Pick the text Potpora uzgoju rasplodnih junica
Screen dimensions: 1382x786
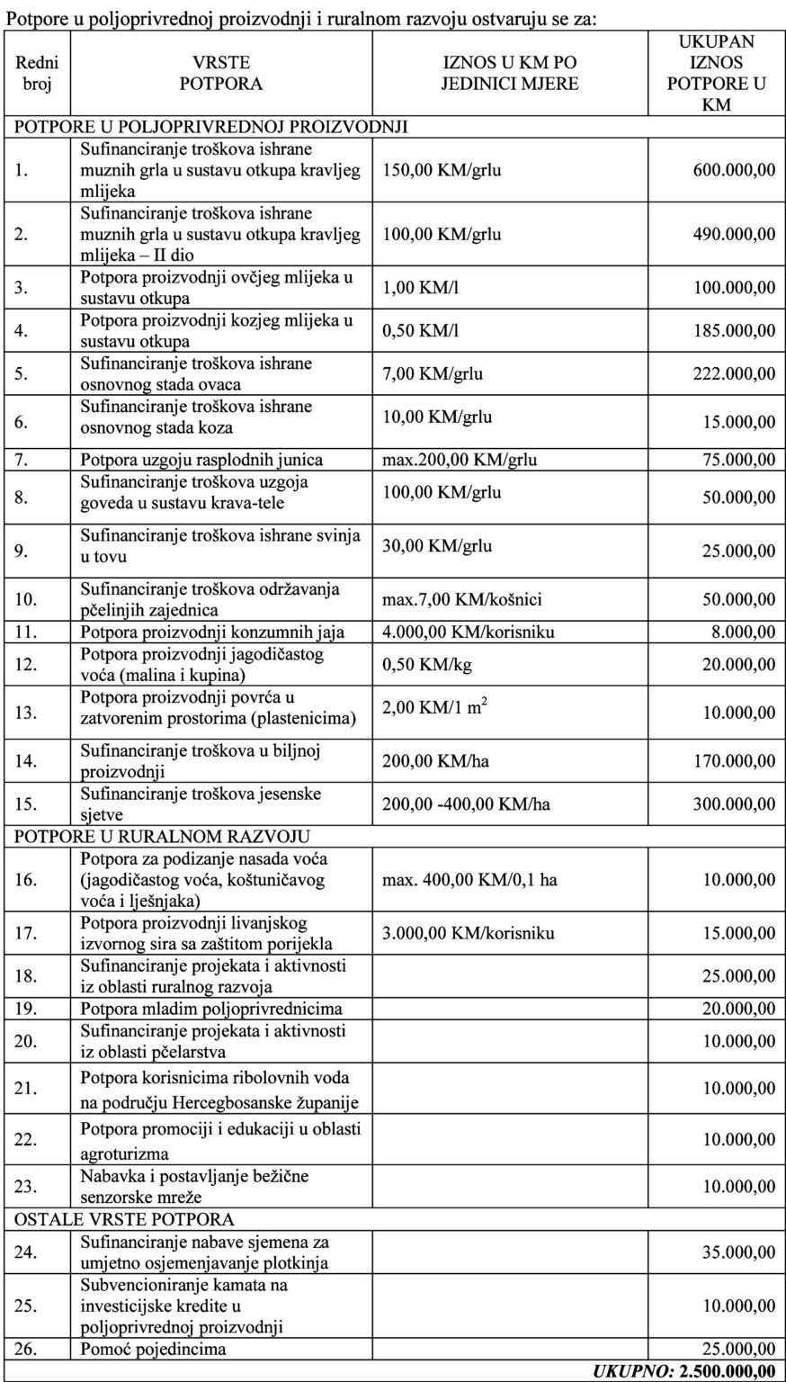pyautogui.click(x=201, y=460)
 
